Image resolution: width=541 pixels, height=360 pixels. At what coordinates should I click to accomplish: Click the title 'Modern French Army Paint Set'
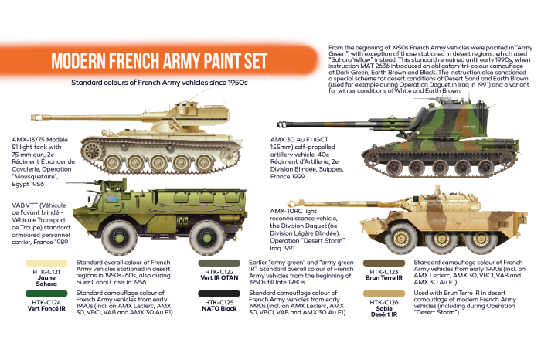pyautogui.click(x=158, y=60)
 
